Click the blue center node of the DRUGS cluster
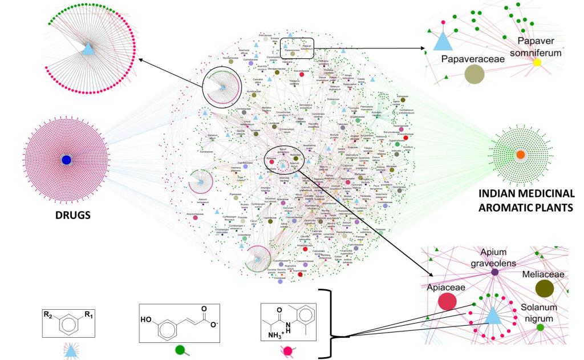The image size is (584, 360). tap(66, 160)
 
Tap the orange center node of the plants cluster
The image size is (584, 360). tap(520, 155)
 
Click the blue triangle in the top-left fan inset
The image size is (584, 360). tap(88, 49)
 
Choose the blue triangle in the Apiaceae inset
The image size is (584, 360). tap(492, 313)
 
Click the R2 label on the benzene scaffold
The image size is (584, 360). tap(47, 313)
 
